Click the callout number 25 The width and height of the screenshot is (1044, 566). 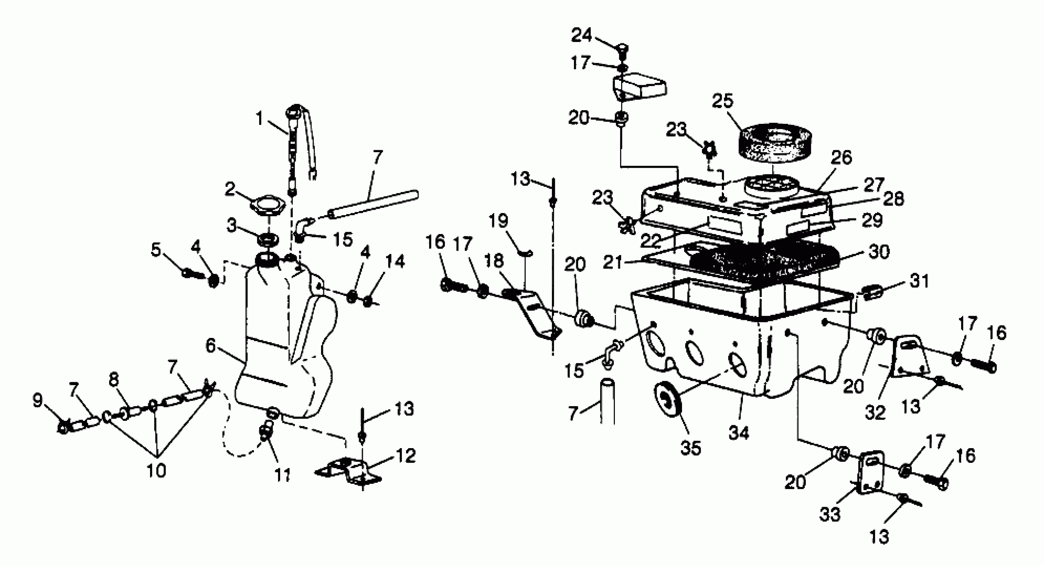click(723, 101)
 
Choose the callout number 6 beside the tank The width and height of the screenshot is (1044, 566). click(210, 346)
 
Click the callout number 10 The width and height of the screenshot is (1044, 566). click(156, 471)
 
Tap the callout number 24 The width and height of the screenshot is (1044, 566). click(582, 35)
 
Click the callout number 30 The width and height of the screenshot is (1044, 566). click(879, 252)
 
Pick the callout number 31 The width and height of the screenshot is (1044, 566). click(919, 281)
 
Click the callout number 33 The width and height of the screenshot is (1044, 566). click(830, 514)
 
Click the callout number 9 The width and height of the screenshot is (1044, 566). click(37, 401)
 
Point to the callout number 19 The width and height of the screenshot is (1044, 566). click(498, 221)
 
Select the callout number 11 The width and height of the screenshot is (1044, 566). click(282, 475)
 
